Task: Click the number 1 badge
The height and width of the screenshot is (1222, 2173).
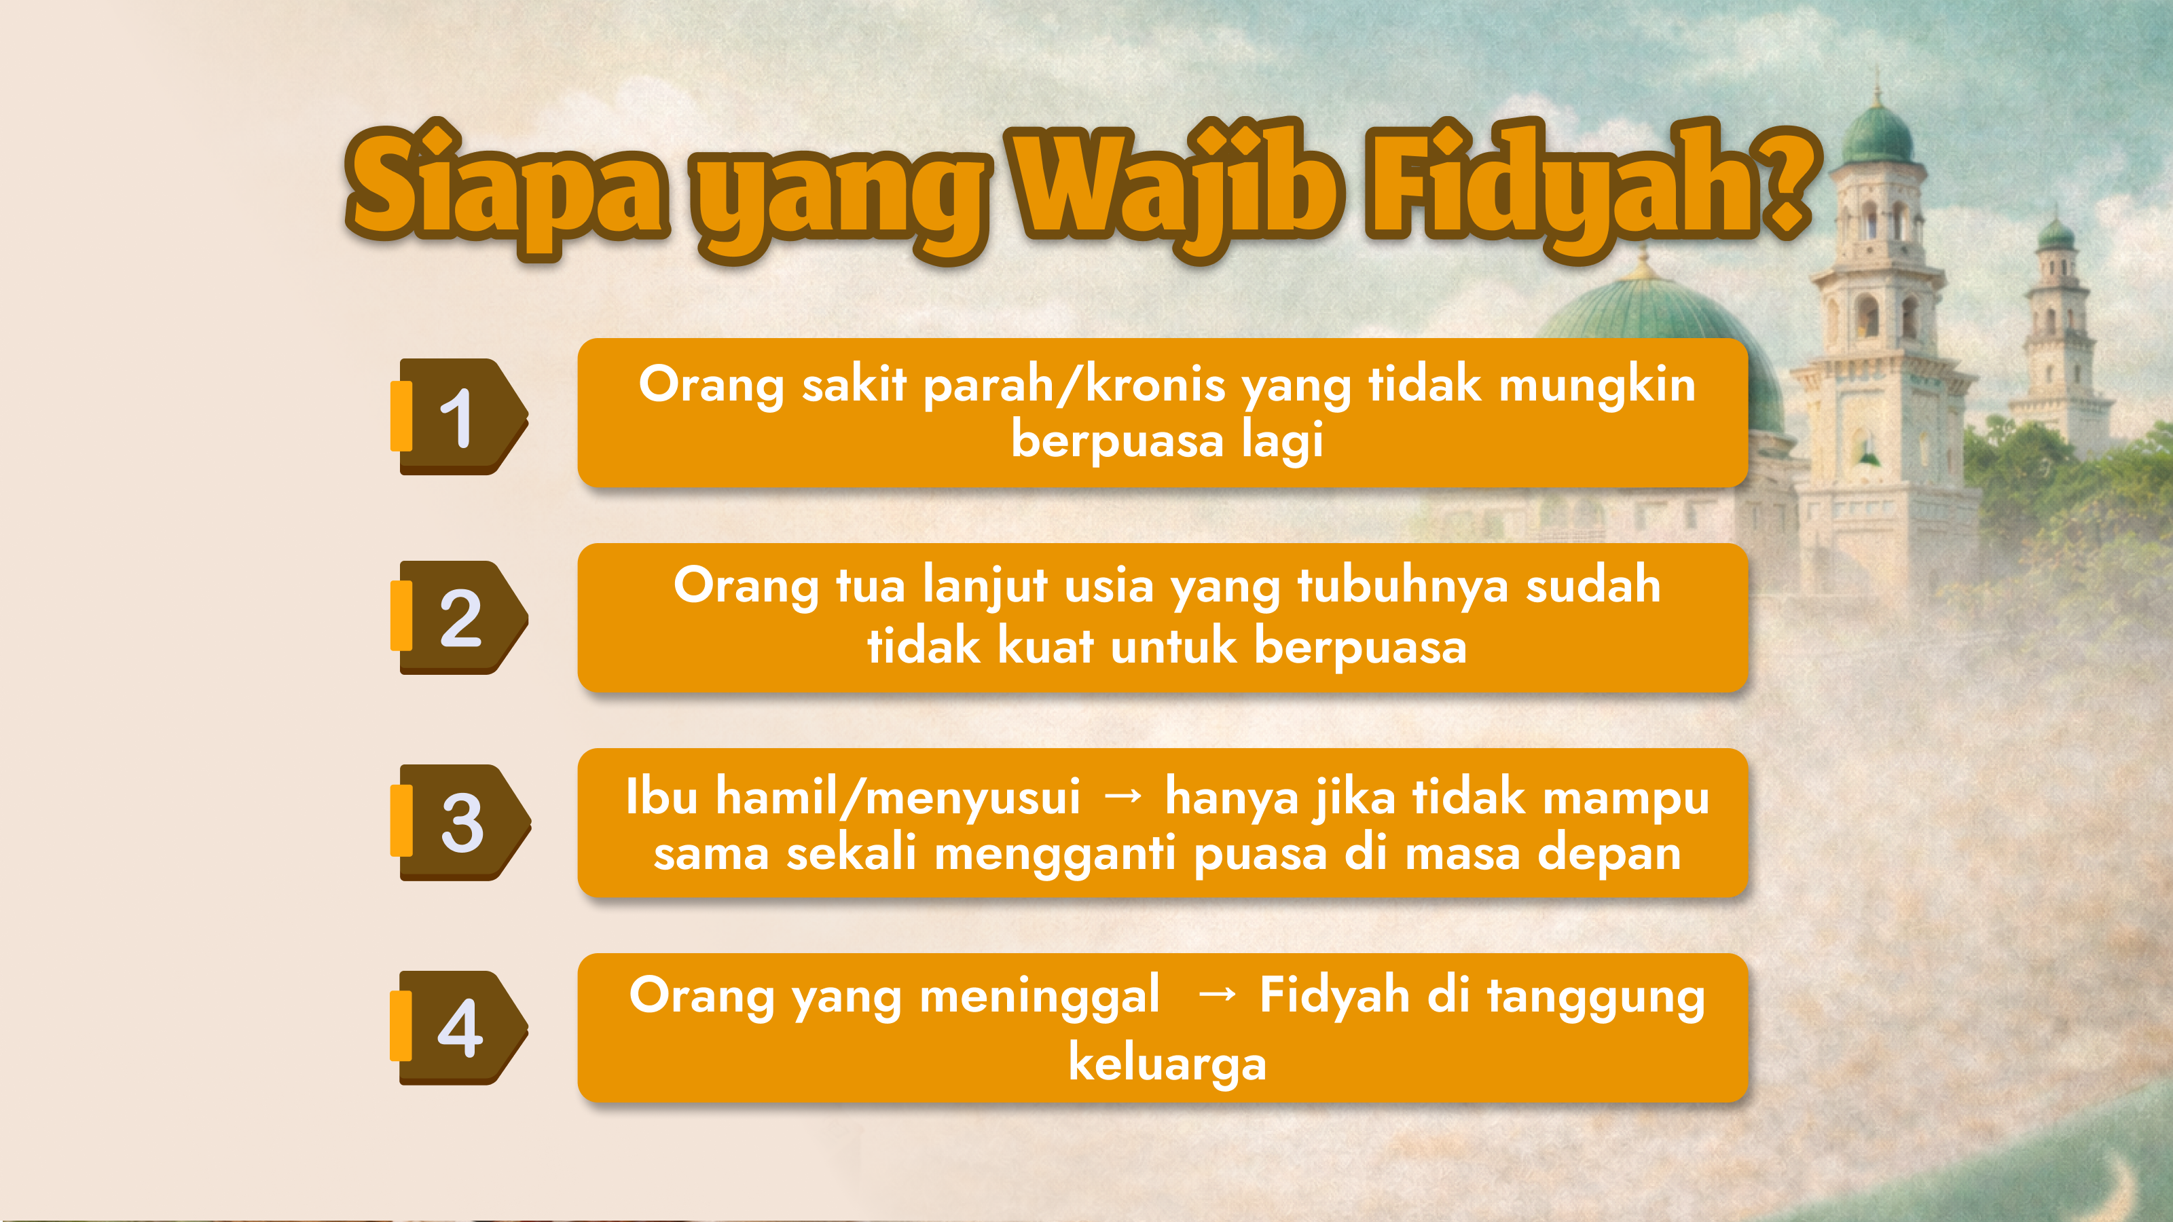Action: click(x=459, y=417)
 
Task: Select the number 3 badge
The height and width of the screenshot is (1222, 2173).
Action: click(x=460, y=822)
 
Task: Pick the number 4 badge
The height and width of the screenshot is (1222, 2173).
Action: click(x=459, y=1027)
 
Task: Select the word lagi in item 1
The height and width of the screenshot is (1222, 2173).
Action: click(x=1281, y=440)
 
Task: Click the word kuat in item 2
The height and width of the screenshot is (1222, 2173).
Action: click(x=1045, y=646)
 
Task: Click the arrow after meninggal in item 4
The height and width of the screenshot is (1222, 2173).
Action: click(x=1218, y=995)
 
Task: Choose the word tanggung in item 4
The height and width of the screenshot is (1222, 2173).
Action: click(x=1595, y=997)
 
